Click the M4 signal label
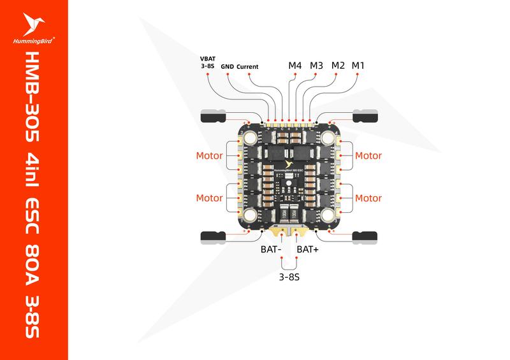point(295,66)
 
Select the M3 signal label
point(317,66)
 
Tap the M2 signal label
point(339,66)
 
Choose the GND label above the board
point(228,66)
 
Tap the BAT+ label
point(309,249)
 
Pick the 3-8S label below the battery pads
point(289,278)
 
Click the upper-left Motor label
point(208,155)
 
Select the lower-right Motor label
point(368,198)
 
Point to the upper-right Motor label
point(368,155)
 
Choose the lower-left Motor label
point(208,198)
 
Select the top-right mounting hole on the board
point(328,138)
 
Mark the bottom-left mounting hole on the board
point(249,215)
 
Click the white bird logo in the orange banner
point(33,24)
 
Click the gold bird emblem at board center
point(289,154)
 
